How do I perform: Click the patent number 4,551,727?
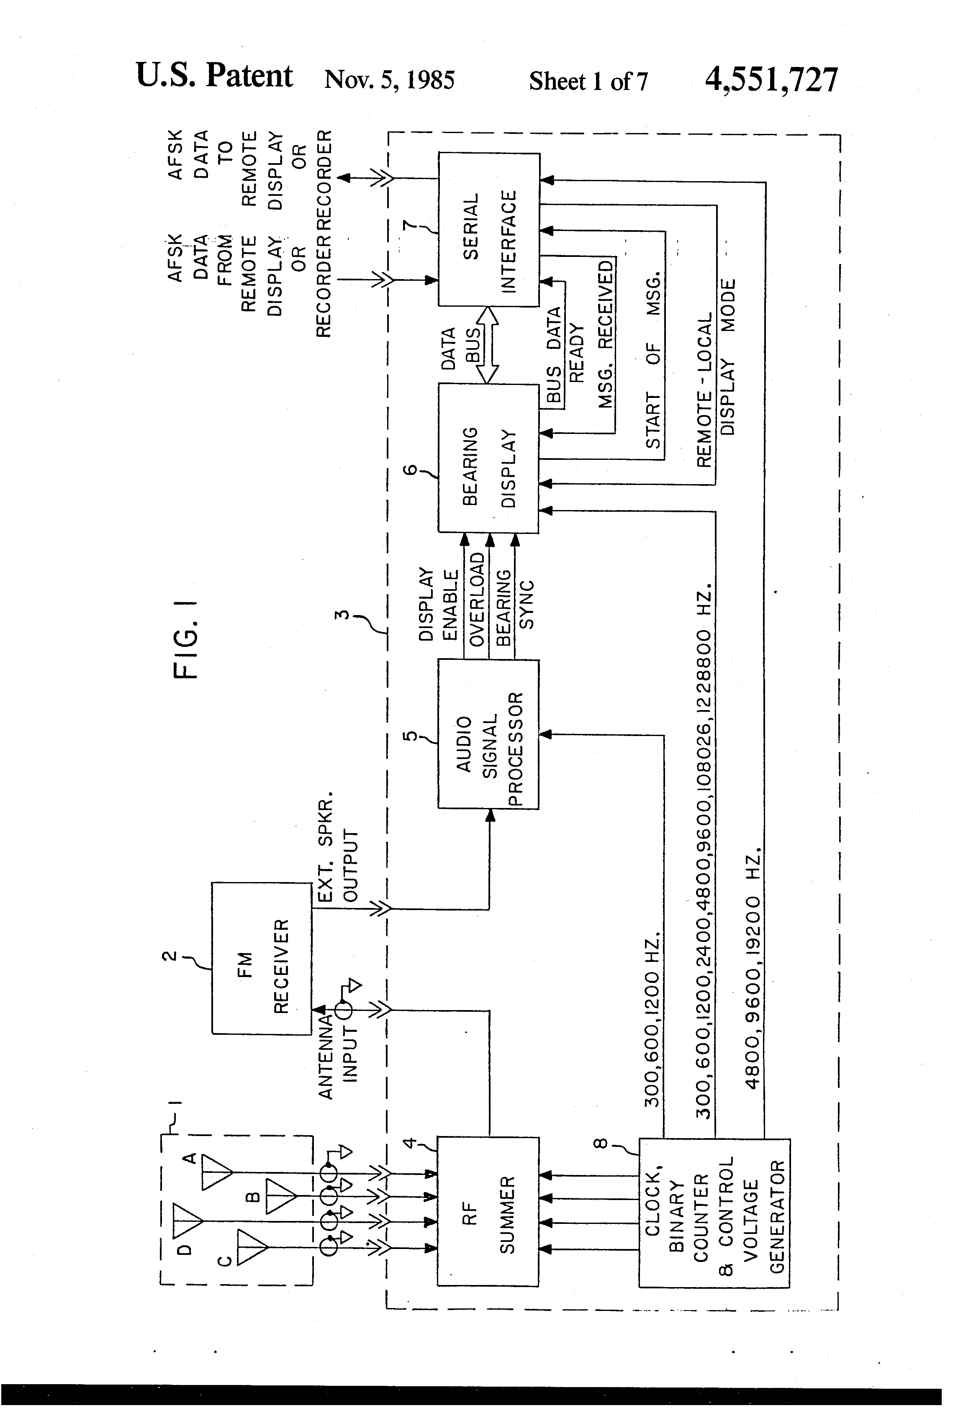771,80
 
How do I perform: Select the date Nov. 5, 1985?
389,80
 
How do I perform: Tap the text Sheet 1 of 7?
588,81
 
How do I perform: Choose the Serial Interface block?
488,229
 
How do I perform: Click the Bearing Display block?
488,458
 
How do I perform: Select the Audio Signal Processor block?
488,734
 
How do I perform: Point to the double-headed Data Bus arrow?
488,345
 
